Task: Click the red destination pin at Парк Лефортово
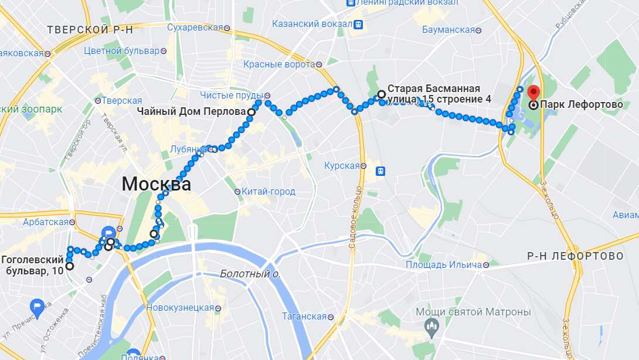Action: coord(533,93)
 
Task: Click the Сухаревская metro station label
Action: coord(195,28)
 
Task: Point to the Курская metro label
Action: coord(341,166)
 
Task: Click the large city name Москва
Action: coord(156,184)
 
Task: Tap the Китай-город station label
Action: coord(268,192)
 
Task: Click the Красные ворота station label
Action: coord(279,64)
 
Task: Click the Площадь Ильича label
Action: coord(444,264)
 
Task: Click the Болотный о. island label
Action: coord(250,274)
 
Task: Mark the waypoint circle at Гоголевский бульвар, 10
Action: coord(69,266)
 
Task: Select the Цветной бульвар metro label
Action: coord(121,50)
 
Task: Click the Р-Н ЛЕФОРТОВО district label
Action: coord(575,256)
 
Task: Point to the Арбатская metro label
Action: coord(46,222)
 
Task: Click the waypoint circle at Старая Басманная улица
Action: coord(381,94)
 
